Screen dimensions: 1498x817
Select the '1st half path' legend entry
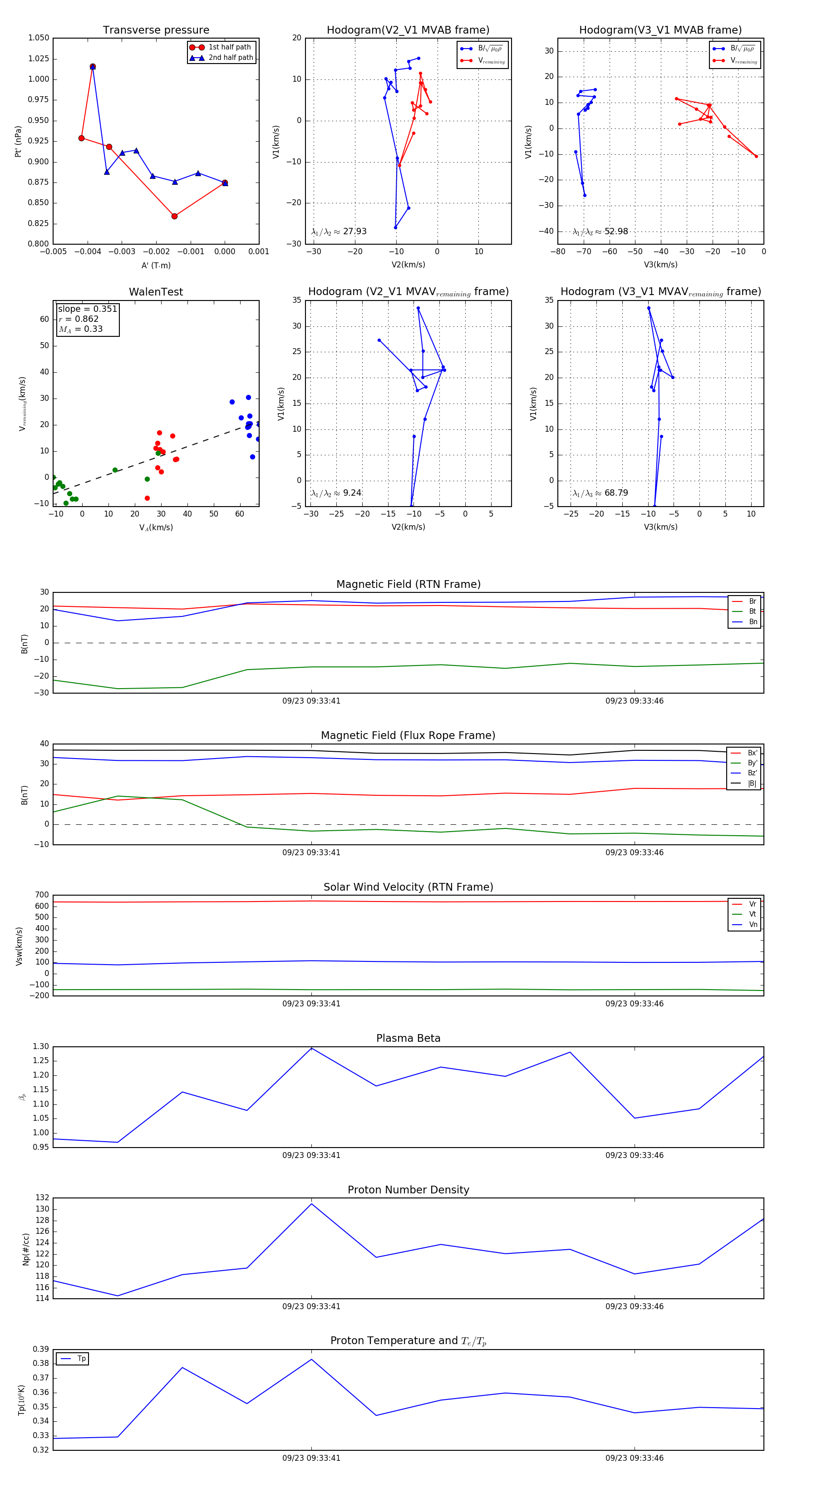pos(229,47)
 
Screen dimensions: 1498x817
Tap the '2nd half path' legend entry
pos(230,58)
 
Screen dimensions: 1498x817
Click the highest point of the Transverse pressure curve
pos(93,67)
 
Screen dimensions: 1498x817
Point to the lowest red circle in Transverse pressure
pos(174,217)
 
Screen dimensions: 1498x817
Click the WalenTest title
pos(156,292)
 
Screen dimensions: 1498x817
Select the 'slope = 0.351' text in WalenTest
pos(87,309)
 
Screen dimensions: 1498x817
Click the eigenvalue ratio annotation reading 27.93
pos(339,232)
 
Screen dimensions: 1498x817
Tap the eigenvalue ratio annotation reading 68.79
pos(600,493)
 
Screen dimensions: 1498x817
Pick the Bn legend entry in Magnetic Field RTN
pos(753,621)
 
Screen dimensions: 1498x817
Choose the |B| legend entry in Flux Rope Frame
pos(751,783)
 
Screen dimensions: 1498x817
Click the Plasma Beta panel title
pos(408,1038)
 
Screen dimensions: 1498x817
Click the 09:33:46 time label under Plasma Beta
pos(634,1155)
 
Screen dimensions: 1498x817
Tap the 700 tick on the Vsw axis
pos(42,895)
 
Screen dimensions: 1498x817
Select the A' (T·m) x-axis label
pos(156,265)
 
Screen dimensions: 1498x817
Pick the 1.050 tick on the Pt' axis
pos(39,38)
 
